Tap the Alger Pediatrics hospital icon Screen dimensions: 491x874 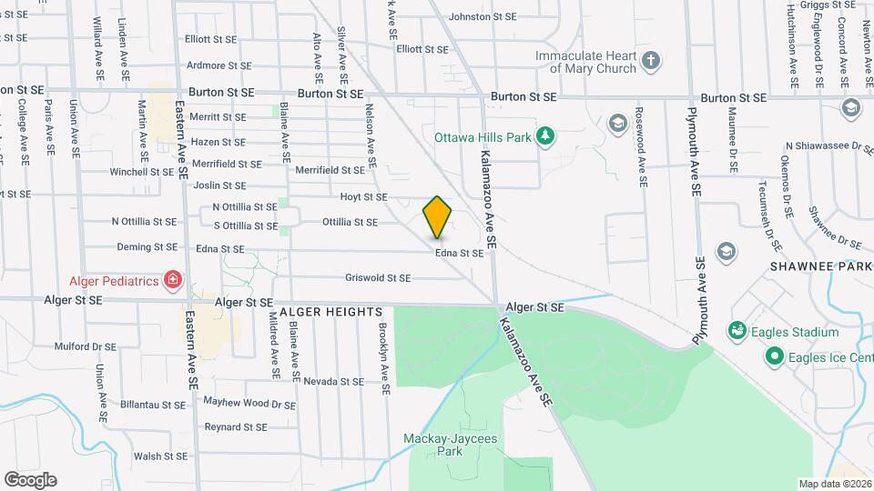(x=172, y=279)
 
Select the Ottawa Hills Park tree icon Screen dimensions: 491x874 (x=545, y=136)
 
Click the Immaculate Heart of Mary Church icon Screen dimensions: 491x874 (x=650, y=62)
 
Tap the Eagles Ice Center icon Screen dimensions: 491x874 (x=775, y=356)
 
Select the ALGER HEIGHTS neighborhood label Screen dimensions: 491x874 (x=330, y=312)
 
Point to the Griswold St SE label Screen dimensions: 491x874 (x=378, y=278)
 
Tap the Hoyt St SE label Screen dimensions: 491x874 (x=363, y=196)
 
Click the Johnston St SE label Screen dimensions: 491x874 (x=483, y=16)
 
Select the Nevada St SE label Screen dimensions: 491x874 (x=334, y=381)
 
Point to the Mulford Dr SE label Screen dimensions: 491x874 (x=86, y=346)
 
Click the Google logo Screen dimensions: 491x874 (x=30, y=480)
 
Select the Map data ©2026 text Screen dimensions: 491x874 (x=833, y=483)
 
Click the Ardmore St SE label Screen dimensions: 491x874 (x=218, y=65)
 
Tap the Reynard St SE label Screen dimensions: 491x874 (x=236, y=426)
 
